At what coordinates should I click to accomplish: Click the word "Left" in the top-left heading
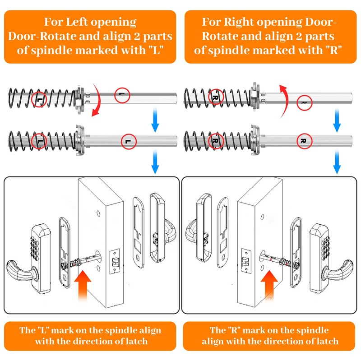click(x=77, y=22)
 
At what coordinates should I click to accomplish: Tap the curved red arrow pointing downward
click(x=97, y=100)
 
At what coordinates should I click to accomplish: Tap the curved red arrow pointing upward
click(x=285, y=101)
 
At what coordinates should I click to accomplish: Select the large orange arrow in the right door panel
click(x=269, y=285)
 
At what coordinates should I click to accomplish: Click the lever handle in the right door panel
click(x=338, y=270)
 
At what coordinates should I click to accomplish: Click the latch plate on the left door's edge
click(x=115, y=261)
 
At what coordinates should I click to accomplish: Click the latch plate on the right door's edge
click(x=245, y=261)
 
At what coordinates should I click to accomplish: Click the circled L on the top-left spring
click(x=39, y=99)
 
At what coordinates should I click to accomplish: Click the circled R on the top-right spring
click(x=216, y=97)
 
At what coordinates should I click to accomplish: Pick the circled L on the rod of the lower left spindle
click(x=129, y=141)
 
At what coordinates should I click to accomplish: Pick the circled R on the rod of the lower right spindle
click(x=304, y=141)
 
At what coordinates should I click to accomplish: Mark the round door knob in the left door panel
click(x=170, y=232)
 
